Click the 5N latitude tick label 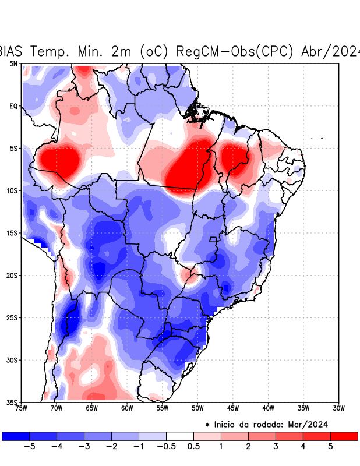click(13, 63)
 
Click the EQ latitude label click(13, 106)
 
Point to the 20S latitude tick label click(12, 276)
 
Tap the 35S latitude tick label click(12, 402)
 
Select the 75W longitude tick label click(22, 408)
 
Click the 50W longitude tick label click(197, 408)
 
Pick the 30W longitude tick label click(338, 408)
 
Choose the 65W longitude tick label click(92, 408)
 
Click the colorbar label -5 click(30, 447)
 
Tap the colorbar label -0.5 click(166, 447)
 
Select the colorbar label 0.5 click(193, 447)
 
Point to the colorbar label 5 click(330, 447)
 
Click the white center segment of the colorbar click(180, 436)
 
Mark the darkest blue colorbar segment click(16, 436)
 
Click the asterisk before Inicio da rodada click(207, 425)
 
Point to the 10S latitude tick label click(12, 190)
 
